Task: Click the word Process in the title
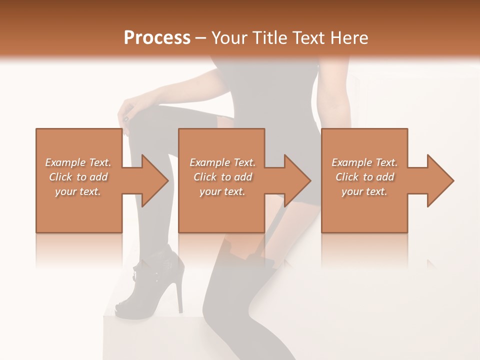point(157,37)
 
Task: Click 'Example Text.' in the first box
point(78,162)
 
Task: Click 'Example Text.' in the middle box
point(222,162)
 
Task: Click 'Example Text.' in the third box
point(364,162)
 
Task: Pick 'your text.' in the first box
point(78,191)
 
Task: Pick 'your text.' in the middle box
point(222,191)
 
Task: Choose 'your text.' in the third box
point(364,191)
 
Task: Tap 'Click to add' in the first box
point(78,177)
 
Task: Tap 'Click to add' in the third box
point(364,177)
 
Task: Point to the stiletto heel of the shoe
point(179,295)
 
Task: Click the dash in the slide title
point(200,38)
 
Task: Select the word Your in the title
point(228,37)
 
